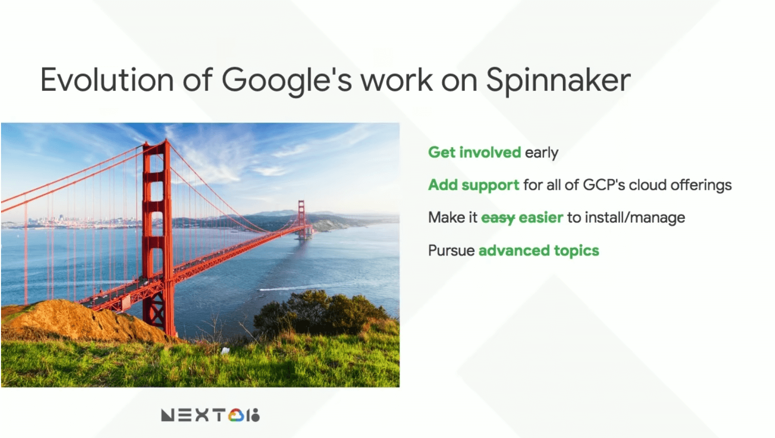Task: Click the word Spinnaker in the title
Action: [558, 81]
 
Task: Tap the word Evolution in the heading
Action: [107, 80]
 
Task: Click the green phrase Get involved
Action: [474, 152]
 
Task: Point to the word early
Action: [541, 153]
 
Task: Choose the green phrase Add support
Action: [474, 186]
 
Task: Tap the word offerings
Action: [701, 186]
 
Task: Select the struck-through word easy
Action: [498, 218]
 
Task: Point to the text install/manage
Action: [635, 218]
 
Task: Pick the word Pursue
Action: [451, 251]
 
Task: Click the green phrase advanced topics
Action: [539, 251]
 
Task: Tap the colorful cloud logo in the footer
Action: [236, 415]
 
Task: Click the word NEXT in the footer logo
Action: [193, 415]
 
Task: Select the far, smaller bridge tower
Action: [302, 218]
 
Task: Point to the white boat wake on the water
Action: [294, 288]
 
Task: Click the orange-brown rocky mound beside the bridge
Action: [79, 320]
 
